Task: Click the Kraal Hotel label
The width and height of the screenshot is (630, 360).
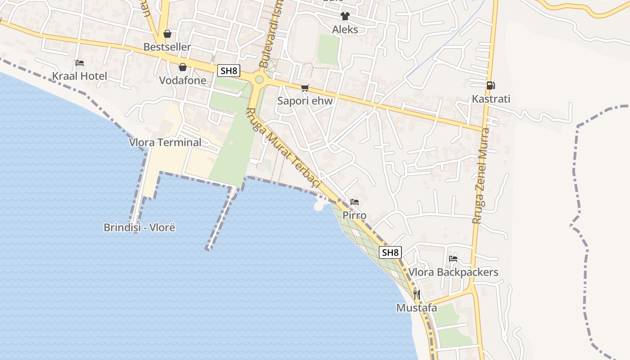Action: (80, 76)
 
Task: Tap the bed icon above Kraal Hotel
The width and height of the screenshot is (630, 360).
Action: (80, 63)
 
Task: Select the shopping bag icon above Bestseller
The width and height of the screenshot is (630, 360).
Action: (167, 34)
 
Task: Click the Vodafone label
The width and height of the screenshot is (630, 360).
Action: (183, 81)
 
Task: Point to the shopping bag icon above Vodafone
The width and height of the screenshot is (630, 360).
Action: (183, 67)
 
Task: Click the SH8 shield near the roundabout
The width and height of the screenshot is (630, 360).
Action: (229, 71)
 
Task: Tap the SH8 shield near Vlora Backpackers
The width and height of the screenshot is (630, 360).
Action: (390, 252)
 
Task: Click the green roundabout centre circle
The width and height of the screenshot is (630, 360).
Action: (259, 80)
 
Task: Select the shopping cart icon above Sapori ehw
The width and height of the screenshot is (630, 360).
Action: (305, 88)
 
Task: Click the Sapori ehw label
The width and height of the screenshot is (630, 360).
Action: (305, 101)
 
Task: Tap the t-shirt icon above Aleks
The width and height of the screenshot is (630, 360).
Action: (345, 17)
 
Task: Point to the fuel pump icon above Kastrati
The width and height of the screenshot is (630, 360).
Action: (490, 85)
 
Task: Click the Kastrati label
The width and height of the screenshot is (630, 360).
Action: (491, 99)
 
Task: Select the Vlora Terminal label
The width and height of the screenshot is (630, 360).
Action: (165, 143)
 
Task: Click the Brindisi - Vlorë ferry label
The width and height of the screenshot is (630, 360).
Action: (139, 227)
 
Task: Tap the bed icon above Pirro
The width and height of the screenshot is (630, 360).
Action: (355, 202)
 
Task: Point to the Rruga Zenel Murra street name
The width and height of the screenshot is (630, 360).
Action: (481, 175)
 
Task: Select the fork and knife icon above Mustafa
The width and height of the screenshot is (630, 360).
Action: (417, 295)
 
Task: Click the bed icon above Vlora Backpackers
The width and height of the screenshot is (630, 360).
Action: (453, 259)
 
